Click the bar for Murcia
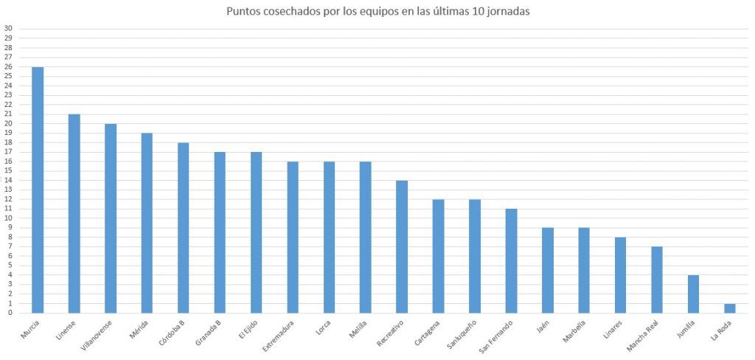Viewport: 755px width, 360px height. pyautogui.click(x=38, y=190)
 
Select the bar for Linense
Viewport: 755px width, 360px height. pyautogui.click(x=74, y=213)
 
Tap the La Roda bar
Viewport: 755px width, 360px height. pyautogui.click(x=729, y=308)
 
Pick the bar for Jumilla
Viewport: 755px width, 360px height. pyautogui.click(x=693, y=294)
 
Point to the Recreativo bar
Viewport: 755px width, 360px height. pyautogui.click(x=402, y=246)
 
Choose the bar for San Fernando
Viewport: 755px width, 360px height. pyautogui.click(x=511, y=260)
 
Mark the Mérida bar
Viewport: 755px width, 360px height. pyautogui.click(x=147, y=223)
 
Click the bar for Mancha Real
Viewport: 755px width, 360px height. pyautogui.click(x=656, y=280)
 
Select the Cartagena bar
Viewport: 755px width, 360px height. pyautogui.click(x=438, y=256)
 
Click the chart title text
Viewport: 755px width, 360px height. pyautogui.click(x=377, y=12)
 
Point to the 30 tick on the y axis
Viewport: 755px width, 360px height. pyautogui.click(x=8, y=28)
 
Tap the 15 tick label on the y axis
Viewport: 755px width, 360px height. pyautogui.click(x=8, y=170)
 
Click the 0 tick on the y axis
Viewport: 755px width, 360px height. pyautogui.click(x=10, y=313)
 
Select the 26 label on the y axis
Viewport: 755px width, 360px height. pyautogui.click(x=8, y=66)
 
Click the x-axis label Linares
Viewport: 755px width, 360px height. pyautogui.click(x=609, y=330)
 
